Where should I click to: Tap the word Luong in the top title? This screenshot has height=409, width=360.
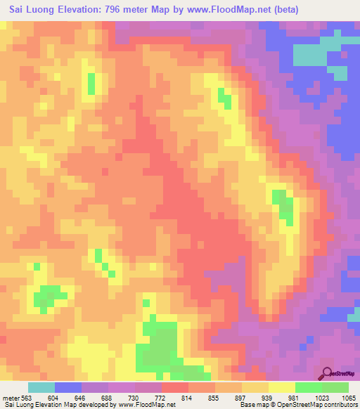point(45,10)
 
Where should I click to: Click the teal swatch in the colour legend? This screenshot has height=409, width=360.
point(41,387)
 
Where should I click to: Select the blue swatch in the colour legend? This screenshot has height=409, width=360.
point(68,387)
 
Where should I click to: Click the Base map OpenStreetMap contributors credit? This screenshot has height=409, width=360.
point(295,404)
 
